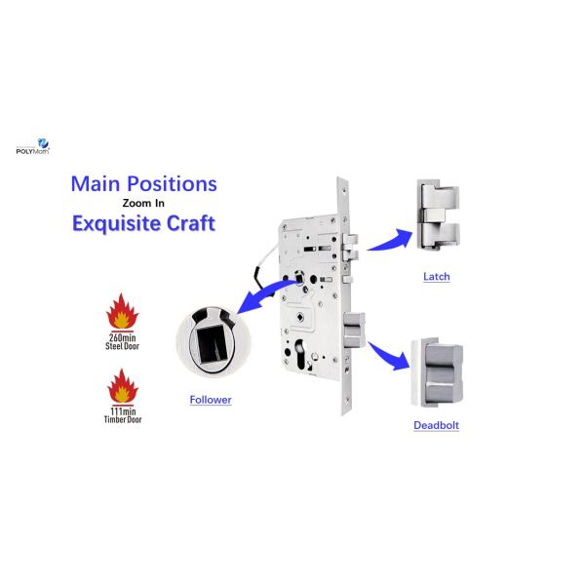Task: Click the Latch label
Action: (x=436, y=277)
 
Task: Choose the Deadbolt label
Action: (x=436, y=425)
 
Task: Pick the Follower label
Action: (x=210, y=400)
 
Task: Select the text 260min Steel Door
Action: (x=125, y=340)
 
